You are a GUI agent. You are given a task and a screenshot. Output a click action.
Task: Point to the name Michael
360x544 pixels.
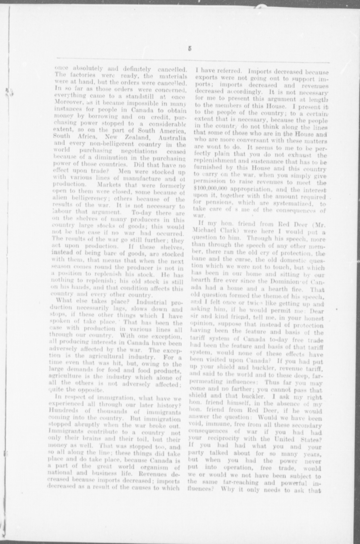(x=203, y=231)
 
